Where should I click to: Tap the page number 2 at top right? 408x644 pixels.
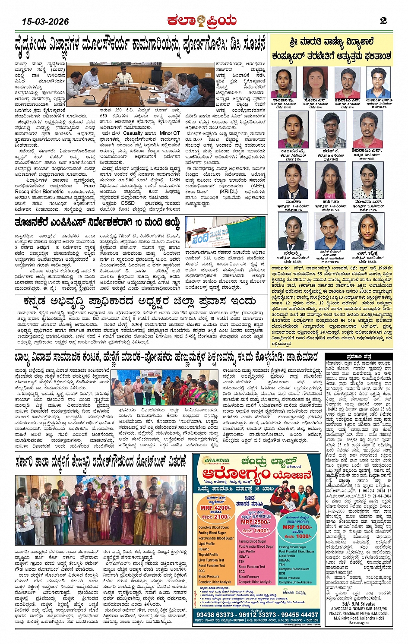click(x=383, y=21)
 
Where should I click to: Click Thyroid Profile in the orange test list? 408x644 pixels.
click(x=208, y=555)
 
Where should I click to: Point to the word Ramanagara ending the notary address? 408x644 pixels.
click(x=359, y=623)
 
